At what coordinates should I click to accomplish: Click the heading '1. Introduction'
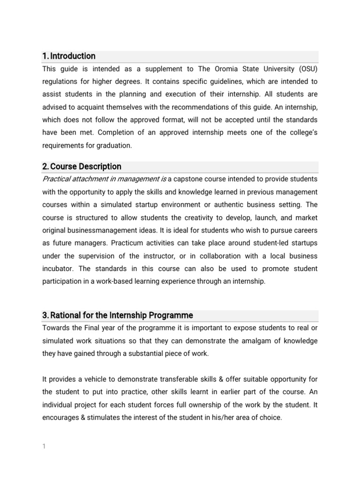(x=68, y=56)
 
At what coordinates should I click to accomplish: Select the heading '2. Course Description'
(x=82, y=167)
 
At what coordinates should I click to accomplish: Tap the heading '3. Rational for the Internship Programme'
(x=117, y=315)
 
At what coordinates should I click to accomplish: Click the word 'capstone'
(x=189, y=180)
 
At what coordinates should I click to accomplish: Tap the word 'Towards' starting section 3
(x=56, y=328)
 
